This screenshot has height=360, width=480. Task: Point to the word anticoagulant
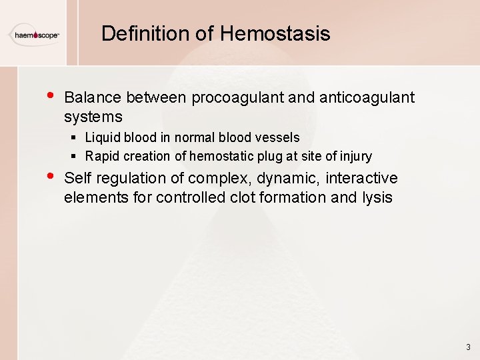[367, 98]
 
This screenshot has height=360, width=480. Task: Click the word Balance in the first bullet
[93, 98]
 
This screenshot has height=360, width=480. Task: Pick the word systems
[93, 117]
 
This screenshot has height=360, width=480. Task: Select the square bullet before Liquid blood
[75, 137]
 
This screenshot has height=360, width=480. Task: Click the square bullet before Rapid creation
[75, 157]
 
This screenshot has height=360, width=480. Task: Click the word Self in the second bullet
[77, 179]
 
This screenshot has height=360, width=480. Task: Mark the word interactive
[361, 179]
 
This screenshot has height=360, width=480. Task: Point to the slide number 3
[468, 347]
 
